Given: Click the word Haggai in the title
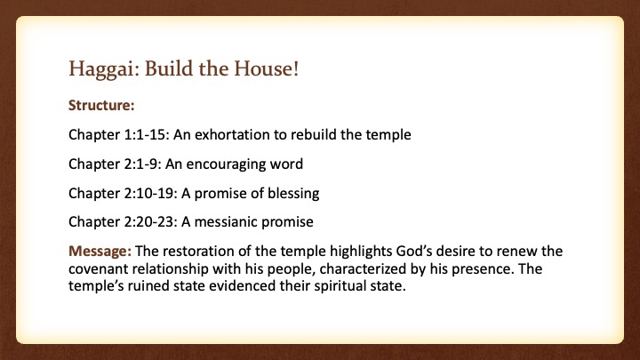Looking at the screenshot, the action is (101, 69).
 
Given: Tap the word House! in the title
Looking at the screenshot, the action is (266, 68).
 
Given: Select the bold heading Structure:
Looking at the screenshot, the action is (101, 105).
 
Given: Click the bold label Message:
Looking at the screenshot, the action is (100, 251).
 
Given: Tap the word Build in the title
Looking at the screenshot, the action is (169, 68).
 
